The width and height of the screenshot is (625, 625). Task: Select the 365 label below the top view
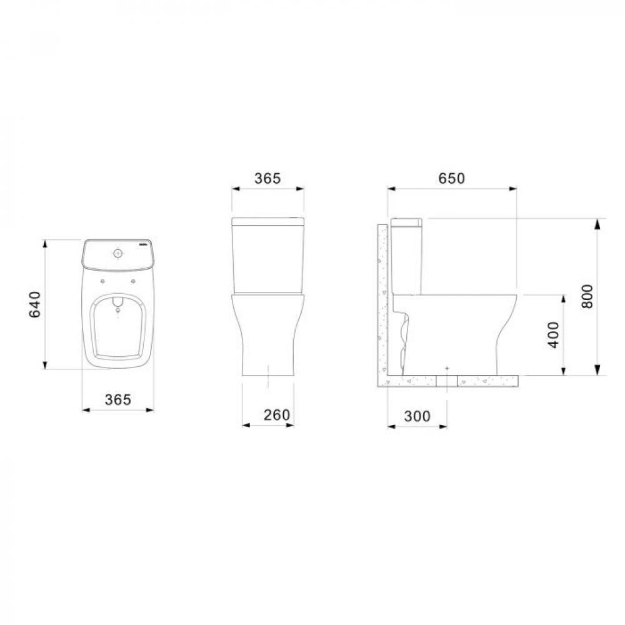117,399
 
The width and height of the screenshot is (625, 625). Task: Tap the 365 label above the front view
267,178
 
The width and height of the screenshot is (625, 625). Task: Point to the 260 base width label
267,414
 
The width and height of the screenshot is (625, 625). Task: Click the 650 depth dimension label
451,178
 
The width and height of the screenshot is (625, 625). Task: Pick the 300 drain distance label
417,416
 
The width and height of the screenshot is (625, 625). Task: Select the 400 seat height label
553,335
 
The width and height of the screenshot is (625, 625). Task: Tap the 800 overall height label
587,297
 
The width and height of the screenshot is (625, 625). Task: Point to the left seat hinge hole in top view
101,281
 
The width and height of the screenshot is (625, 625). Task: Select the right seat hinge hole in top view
134,281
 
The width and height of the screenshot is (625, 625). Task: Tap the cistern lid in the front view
267,221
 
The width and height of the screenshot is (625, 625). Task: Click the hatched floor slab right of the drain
487,380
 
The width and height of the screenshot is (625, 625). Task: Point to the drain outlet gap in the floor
447,380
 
